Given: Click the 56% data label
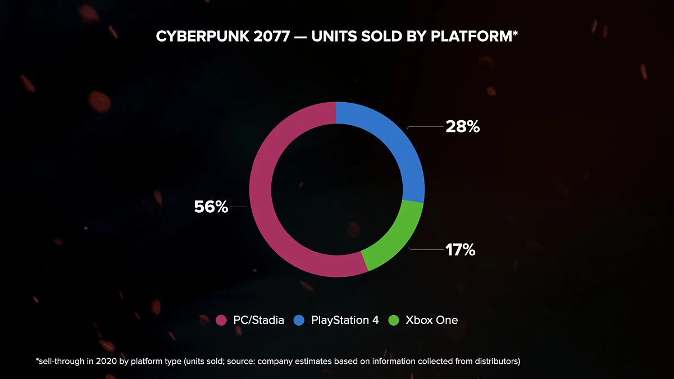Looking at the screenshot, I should pos(211,207).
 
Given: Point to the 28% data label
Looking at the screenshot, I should pos(463,127).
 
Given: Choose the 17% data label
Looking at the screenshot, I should pos(461,250).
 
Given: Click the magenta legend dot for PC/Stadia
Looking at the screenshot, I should pos(222,321).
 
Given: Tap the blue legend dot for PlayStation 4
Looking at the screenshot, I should pos(300,321).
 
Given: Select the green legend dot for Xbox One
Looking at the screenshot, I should pos(394,321).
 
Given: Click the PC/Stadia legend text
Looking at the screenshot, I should pos(259,321).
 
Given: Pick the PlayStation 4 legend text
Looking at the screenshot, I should pos(345,321).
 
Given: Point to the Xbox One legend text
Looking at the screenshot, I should pos(431,321).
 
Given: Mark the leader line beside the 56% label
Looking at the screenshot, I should pos(238,207).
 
